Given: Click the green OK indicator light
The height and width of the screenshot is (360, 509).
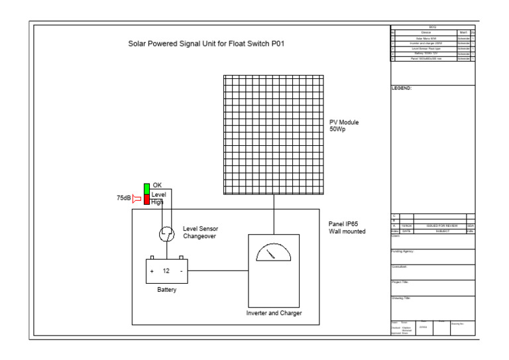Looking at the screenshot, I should coord(147,186).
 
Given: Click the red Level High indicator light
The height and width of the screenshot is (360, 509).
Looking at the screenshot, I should coord(147,201).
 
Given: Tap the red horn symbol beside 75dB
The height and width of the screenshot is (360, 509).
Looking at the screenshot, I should coord(137,198).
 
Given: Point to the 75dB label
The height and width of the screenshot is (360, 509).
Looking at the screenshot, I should coord(124,198).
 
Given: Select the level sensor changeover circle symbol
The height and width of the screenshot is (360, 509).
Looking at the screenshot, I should coord(166,233).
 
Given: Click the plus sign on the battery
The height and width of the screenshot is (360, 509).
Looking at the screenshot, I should coord(152,270).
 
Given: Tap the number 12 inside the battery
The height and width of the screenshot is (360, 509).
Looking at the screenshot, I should coord(166,270).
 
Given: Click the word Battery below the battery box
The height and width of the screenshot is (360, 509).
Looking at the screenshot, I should coord(166,290).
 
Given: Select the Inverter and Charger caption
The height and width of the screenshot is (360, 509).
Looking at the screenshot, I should coord(273,312).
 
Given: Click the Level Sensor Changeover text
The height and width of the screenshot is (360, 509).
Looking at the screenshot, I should coord(200,232).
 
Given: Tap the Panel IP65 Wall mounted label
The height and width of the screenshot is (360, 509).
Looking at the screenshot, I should coord(347,227).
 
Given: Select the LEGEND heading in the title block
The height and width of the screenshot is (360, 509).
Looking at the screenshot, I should coord(402,88).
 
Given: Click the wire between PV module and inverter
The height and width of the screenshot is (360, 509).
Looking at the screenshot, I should coord(273,215).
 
